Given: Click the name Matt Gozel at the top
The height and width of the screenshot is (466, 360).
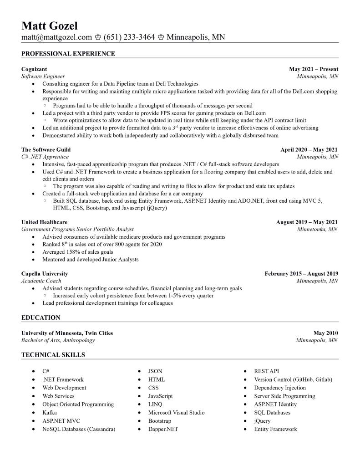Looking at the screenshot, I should click(50, 25).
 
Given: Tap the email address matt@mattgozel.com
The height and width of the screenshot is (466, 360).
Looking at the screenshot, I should click(56, 37).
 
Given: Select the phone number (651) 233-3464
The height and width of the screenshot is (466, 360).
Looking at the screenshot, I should click(129, 37).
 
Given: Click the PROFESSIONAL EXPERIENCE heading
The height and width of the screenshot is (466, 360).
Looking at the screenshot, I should click(68, 54).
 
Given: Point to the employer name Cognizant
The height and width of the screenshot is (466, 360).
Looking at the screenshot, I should click(34, 69).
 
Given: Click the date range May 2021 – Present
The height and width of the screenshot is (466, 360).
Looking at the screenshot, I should click(314, 69).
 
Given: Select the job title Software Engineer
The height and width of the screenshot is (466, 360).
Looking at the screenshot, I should click(43, 77).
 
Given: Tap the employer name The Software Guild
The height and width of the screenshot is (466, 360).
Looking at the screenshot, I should click(46, 149).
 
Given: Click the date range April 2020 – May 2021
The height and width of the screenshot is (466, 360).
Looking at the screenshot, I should click(309, 149).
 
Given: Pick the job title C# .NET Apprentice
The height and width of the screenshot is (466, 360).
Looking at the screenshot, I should click(45, 157).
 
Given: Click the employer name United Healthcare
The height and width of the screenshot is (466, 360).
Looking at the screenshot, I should click(44, 222).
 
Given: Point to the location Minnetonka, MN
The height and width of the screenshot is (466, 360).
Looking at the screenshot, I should click(317, 230).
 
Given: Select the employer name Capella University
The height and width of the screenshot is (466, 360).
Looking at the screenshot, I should click(45, 274).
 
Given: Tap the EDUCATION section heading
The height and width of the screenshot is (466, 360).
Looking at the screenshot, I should click(41, 317).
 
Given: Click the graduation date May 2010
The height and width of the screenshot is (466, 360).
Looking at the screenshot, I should click(326, 333).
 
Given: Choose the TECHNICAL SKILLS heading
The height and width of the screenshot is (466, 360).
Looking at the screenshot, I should click(53, 355).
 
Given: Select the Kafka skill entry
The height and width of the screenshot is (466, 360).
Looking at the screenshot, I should click(50, 413).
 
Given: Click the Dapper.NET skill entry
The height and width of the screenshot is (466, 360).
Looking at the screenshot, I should click(163, 429).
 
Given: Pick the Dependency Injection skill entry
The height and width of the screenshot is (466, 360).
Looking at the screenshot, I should click(280, 388).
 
